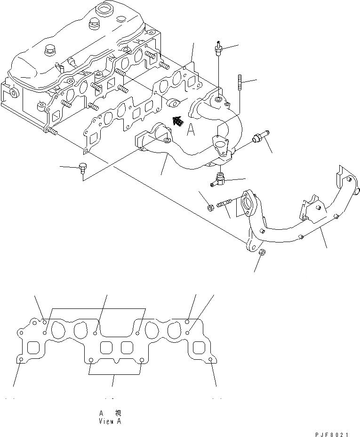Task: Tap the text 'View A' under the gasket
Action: tap(110, 421)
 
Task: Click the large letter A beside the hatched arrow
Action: tap(191, 130)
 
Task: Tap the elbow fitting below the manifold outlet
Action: tap(219, 179)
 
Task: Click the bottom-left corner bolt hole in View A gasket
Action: tap(22, 361)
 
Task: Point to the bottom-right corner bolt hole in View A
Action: tap(209, 361)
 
